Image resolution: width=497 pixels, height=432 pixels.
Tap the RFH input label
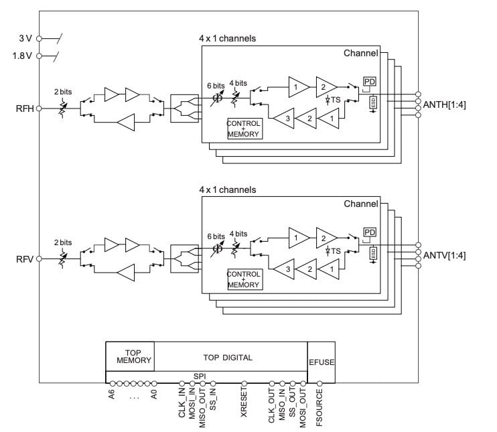pyautogui.click(x=24, y=107)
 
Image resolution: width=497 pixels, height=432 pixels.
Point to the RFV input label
pyautogui.click(x=24, y=258)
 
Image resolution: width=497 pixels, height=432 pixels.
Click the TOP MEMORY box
pyautogui.click(x=129, y=356)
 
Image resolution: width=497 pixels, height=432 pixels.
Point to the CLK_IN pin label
pyautogui.click(x=182, y=403)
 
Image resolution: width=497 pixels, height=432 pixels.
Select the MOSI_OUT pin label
pyautogui.click(x=303, y=407)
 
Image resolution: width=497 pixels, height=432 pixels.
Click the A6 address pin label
pyautogui.click(x=112, y=394)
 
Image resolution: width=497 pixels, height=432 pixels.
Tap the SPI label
pyautogui.click(x=200, y=377)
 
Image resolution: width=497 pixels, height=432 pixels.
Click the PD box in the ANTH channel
pyautogui.click(x=370, y=82)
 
